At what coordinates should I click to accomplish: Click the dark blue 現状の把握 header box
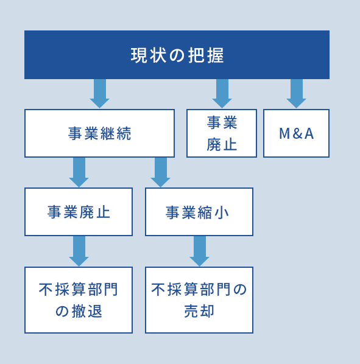[177, 55]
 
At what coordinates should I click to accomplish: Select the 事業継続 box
[99, 133]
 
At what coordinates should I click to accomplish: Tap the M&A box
[296, 133]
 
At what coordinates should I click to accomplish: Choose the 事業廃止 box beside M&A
[222, 133]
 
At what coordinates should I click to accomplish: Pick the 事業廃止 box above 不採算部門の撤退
[79, 212]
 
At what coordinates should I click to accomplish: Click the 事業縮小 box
[199, 212]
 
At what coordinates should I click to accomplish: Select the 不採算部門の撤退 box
[79, 300]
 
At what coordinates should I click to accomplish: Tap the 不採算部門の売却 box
[199, 300]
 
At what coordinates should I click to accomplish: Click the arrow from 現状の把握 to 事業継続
[100, 94]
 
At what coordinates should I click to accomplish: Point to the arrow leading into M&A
[297, 94]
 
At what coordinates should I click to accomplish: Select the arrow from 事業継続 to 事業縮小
[160, 172]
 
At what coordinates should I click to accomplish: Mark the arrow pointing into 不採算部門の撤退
[79, 251]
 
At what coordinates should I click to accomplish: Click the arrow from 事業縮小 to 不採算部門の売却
[200, 251]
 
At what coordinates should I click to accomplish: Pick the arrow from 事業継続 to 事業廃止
[79, 172]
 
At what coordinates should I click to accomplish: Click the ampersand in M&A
[297, 134]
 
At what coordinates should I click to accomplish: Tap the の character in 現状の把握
[177, 55]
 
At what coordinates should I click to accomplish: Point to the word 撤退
[87, 311]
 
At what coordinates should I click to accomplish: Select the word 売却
[199, 311]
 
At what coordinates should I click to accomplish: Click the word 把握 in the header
[206, 55]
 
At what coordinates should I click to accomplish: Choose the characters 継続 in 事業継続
[116, 133]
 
